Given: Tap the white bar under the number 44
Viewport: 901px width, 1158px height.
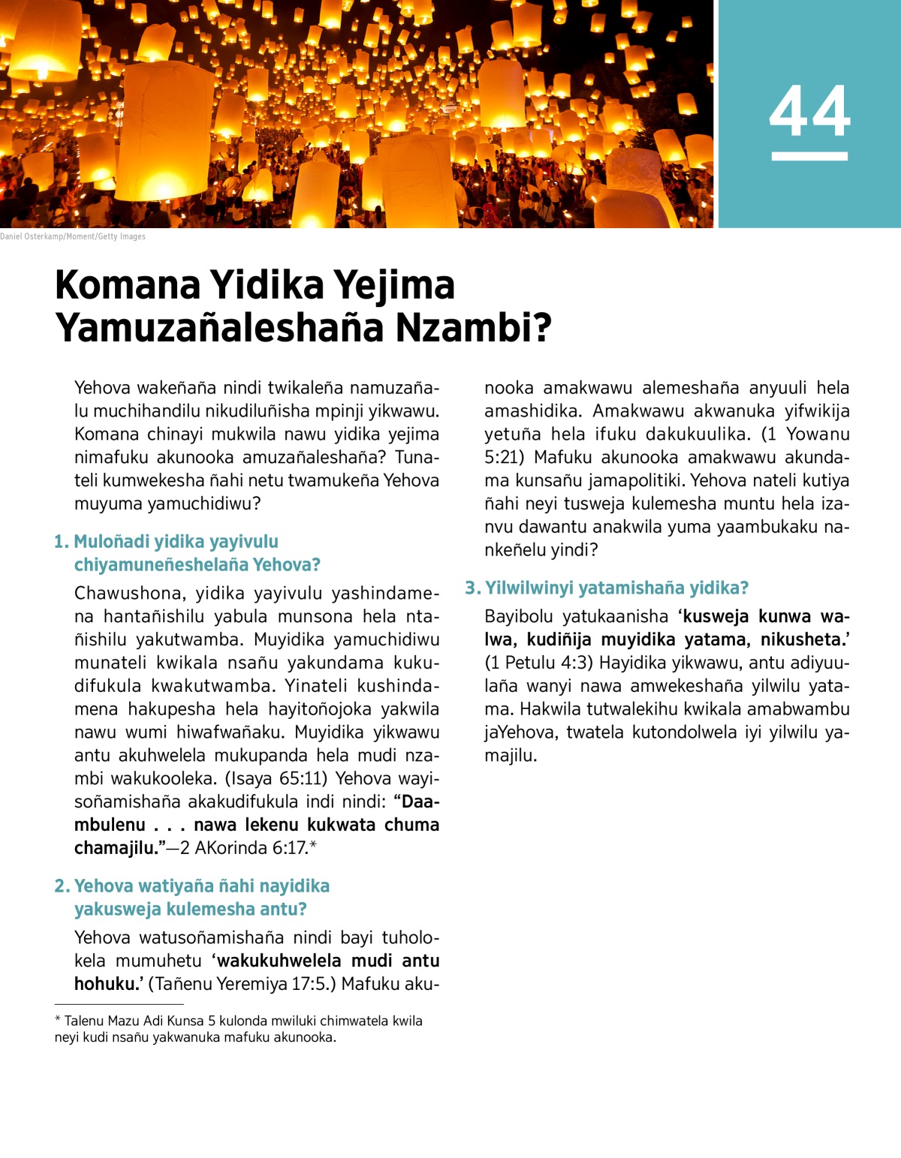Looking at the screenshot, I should coord(809,156).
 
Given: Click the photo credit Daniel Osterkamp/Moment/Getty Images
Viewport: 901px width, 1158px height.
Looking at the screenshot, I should coord(73,236).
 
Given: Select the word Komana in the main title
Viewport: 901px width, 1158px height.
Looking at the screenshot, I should coord(128,286).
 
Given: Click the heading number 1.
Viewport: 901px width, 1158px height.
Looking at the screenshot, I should coord(62,542).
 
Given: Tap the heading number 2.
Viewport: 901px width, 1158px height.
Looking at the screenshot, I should coord(62,886).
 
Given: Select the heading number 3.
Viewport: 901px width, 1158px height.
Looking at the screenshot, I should coord(472,588).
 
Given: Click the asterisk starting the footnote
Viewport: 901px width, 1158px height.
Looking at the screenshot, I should coord(58,1020).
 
